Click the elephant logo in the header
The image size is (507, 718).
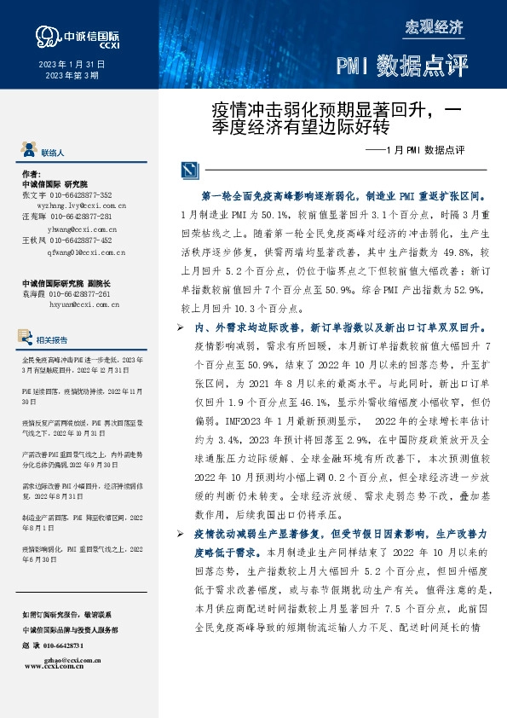[46, 35]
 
